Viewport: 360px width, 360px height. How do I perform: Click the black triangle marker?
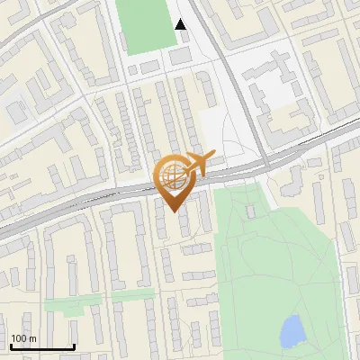(x=181, y=24)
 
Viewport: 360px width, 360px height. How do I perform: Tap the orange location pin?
(x=175, y=180)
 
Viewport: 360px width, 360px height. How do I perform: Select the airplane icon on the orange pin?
(x=196, y=163)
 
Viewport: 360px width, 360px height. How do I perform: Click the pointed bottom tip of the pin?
(x=173, y=211)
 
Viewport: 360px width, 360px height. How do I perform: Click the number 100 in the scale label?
(x=20, y=338)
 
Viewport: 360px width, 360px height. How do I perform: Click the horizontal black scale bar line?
(x=41, y=346)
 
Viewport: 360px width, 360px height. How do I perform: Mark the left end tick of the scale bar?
(x=10, y=345)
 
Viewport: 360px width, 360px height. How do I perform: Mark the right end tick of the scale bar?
(x=74, y=345)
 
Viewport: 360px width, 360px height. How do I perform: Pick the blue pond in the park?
(x=292, y=331)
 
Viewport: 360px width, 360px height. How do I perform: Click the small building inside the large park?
(x=252, y=211)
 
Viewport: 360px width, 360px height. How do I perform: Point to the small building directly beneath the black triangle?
(x=180, y=55)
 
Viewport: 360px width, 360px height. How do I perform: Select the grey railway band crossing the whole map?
(x=90, y=200)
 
